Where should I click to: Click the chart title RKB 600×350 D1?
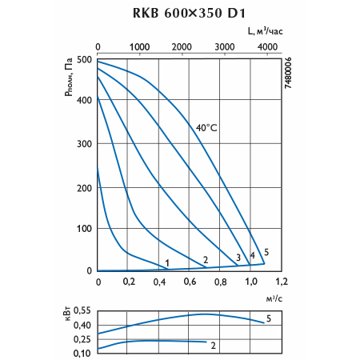click(189, 13)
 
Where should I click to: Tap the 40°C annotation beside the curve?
click(206, 128)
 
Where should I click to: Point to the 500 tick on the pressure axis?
click(84, 60)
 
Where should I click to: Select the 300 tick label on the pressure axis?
click(84, 144)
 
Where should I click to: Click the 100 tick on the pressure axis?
click(84, 229)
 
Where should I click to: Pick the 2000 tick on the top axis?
click(182, 47)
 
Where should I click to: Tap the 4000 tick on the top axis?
click(267, 47)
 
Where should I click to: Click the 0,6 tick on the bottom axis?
click(190, 282)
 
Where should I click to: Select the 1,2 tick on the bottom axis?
click(282, 282)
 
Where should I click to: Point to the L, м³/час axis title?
click(265, 31)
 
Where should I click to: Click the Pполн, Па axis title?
click(69, 77)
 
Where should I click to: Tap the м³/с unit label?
click(274, 299)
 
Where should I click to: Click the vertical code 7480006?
click(288, 73)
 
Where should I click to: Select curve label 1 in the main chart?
click(167, 263)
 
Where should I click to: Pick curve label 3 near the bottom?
click(238, 258)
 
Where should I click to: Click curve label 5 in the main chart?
click(266, 252)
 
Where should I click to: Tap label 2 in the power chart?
click(213, 346)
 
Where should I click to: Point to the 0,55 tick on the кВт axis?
click(82, 310)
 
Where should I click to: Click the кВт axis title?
click(67, 314)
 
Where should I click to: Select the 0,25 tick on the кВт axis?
click(82, 339)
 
